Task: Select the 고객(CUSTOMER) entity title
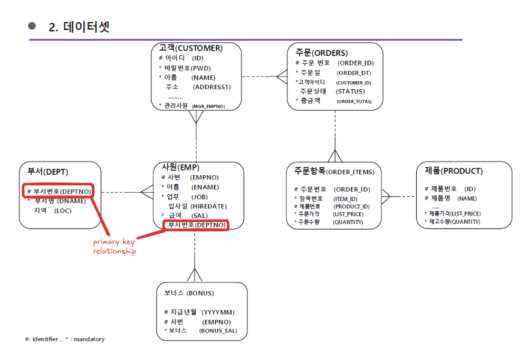click(190, 48)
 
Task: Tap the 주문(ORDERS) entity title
click(321, 53)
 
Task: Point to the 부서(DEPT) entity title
click(48, 172)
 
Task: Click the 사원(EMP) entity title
click(180, 167)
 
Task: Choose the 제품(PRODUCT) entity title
click(454, 171)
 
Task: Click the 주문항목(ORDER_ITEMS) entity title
click(334, 172)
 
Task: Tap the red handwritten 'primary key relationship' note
click(114, 247)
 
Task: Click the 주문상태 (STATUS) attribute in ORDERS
click(332, 91)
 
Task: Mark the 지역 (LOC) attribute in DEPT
click(52, 211)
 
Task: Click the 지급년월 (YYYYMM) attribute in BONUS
click(199, 312)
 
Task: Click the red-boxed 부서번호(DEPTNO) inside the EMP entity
click(196, 225)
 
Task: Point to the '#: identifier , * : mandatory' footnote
click(64, 339)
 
